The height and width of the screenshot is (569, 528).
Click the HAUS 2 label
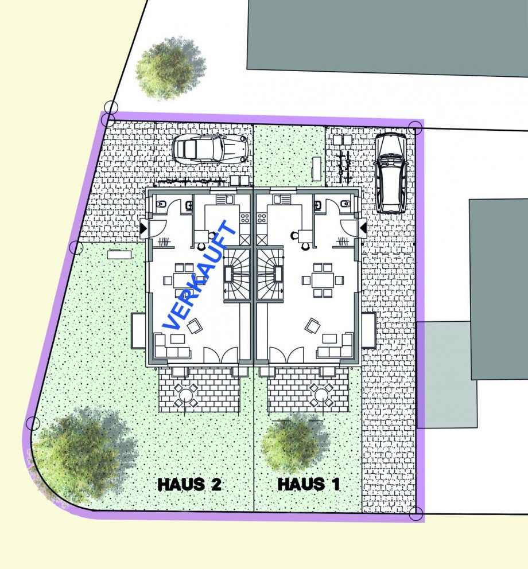[x=189, y=484]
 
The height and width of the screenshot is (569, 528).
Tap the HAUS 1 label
[x=308, y=484]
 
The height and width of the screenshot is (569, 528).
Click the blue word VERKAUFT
[x=200, y=276]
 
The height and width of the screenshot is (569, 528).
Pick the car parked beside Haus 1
[x=390, y=172]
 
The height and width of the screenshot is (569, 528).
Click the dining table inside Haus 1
[x=323, y=280]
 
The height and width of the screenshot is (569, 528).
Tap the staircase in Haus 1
[x=271, y=275]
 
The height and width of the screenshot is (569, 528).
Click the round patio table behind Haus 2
[x=185, y=394]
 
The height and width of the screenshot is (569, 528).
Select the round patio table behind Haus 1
[x=320, y=394]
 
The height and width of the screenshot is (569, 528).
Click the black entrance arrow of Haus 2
[x=143, y=228]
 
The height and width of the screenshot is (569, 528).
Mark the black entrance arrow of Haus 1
[x=364, y=229]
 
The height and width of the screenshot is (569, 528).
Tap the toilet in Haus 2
[x=160, y=204]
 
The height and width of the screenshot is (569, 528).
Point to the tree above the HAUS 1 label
[x=294, y=443]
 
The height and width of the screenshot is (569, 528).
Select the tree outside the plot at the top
[x=169, y=68]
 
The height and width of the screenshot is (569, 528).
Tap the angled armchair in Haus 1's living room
[x=313, y=326]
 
